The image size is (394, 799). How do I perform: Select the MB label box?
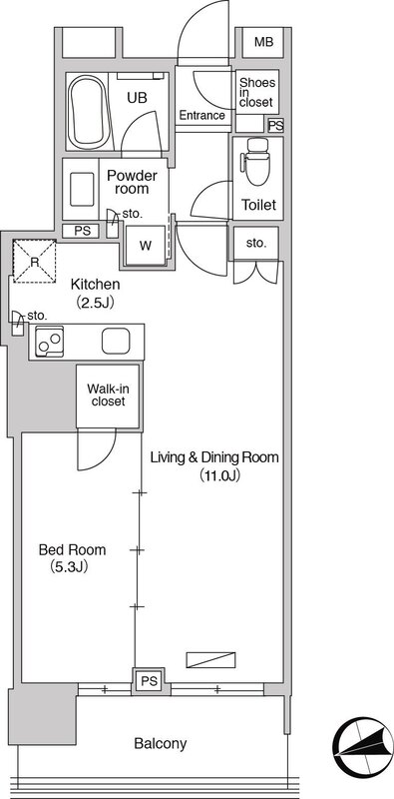pyautogui.click(x=263, y=42)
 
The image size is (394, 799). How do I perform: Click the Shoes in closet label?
pyautogui.click(x=256, y=92)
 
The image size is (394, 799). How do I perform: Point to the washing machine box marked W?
pyautogui.click(x=146, y=245)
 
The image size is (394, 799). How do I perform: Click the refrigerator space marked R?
pyautogui.click(x=34, y=262)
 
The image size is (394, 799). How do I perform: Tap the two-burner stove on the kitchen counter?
pyautogui.click(x=50, y=342)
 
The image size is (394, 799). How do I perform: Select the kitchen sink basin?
pyautogui.click(x=116, y=341)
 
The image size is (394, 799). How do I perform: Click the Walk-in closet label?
pyautogui.click(x=108, y=396)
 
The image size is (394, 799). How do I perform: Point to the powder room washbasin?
pyautogui.click(x=82, y=189)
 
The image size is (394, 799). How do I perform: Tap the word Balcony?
pyautogui.click(x=161, y=743)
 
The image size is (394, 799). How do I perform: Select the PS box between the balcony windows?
pyautogui.click(x=150, y=681)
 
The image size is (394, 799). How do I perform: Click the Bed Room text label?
pyautogui.click(x=73, y=550)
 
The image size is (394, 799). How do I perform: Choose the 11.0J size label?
pyautogui.click(x=219, y=476)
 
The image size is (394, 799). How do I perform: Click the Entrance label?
pyautogui.click(x=202, y=115)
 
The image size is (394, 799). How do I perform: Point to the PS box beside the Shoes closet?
pyautogui.click(x=276, y=125)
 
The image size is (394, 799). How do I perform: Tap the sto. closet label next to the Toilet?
pyautogui.click(x=256, y=244)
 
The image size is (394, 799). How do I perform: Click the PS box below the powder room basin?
pyautogui.click(x=81, y=231)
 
